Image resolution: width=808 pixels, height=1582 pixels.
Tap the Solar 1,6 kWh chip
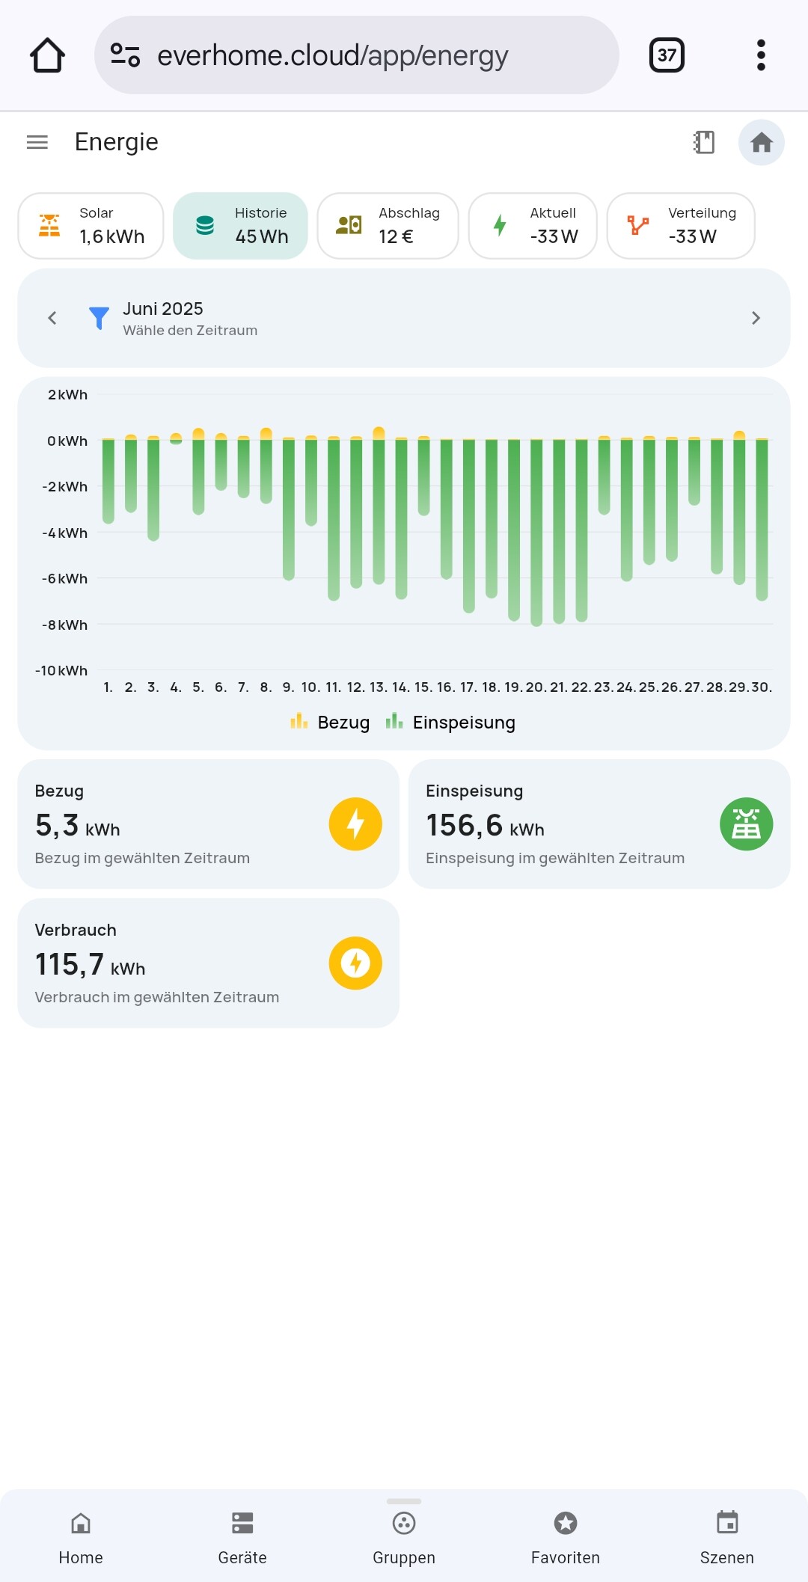click(91, 226)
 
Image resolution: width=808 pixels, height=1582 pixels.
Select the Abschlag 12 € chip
click(388, 226)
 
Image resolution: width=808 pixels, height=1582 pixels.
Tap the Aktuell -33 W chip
click(533, 226)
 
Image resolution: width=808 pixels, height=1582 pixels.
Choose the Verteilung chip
click(680, 226)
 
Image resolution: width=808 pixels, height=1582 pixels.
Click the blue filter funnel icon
click(99, 318)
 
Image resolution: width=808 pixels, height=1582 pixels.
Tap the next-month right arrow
click(756, 318)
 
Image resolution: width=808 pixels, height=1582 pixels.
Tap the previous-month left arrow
click(52, 318)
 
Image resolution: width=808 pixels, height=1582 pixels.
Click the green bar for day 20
click(536, 531)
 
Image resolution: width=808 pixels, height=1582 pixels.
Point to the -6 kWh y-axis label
click(65, 579)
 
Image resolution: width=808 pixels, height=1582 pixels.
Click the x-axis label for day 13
click(379, 687)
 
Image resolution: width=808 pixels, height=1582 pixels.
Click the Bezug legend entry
click(330, 723)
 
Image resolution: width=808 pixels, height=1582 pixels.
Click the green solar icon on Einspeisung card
click(746, 824)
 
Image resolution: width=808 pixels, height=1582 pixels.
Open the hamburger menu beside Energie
click(37, 142)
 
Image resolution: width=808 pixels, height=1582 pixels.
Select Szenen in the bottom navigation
click(727, 1536)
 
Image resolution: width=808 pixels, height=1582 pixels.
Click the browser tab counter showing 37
click(667, 55)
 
